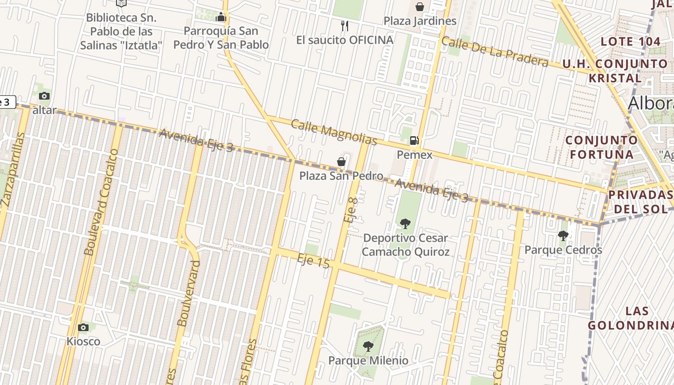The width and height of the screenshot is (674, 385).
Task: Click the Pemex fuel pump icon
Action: point(414,141)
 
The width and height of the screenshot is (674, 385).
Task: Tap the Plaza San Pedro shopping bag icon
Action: point(341,162)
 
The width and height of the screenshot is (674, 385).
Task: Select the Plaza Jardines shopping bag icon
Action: point(420,7)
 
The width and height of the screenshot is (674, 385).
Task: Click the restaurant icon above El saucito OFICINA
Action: point(344,26)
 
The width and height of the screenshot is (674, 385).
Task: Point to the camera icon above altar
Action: point(44,96)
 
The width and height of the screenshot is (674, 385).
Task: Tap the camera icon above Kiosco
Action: point(83,327)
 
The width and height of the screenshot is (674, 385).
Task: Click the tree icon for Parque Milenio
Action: point(368,346)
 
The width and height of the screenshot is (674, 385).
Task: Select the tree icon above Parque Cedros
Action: point(563,235)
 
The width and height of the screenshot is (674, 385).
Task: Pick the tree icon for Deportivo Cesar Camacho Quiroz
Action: point(405,223)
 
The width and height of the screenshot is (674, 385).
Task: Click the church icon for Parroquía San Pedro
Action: point(221,17)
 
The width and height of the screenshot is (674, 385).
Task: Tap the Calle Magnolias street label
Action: point(334,132)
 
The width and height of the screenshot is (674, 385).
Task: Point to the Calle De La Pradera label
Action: point(494,51)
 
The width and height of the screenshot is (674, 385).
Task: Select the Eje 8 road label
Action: point(351,208)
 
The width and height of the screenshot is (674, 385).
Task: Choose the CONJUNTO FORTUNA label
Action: point(602,147)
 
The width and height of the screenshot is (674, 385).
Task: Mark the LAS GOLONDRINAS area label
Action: point(631,318)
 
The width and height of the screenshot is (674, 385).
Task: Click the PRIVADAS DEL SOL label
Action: point(640,202)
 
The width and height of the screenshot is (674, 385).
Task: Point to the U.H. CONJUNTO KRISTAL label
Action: point(615,71)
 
